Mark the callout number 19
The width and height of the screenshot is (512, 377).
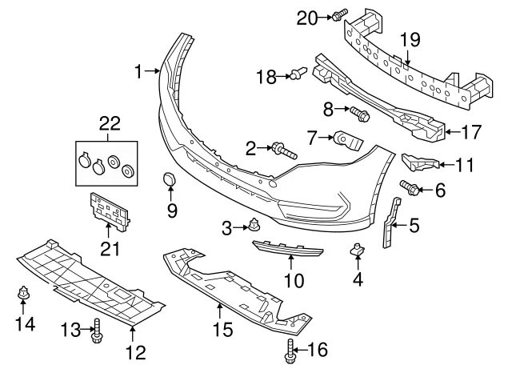410,39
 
